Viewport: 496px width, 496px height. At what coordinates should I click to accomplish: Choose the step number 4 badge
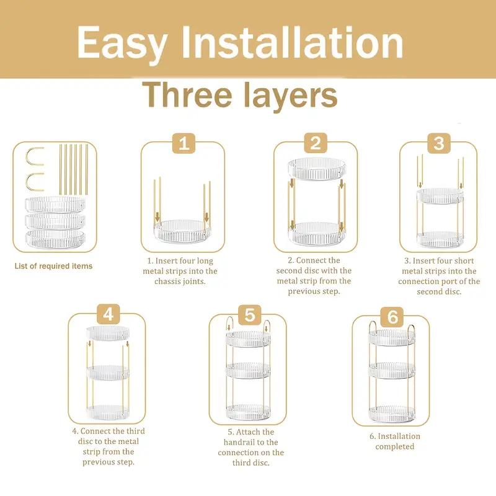108,315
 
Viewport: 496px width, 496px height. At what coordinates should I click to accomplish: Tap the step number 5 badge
249,315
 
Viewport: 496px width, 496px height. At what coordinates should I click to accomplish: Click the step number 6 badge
392,317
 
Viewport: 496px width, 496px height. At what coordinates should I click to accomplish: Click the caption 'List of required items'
53,266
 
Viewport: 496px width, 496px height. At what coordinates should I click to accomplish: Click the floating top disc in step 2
316,169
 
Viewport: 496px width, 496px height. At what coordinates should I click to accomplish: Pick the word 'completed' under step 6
394,447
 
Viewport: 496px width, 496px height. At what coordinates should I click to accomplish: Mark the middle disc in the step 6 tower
391,372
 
